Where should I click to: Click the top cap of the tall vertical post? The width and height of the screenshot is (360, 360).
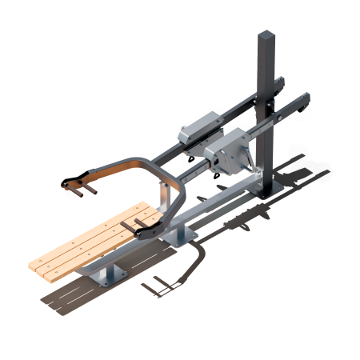click(x=266, y=34)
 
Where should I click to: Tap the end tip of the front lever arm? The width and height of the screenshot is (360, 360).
click(x=305, y=97)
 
